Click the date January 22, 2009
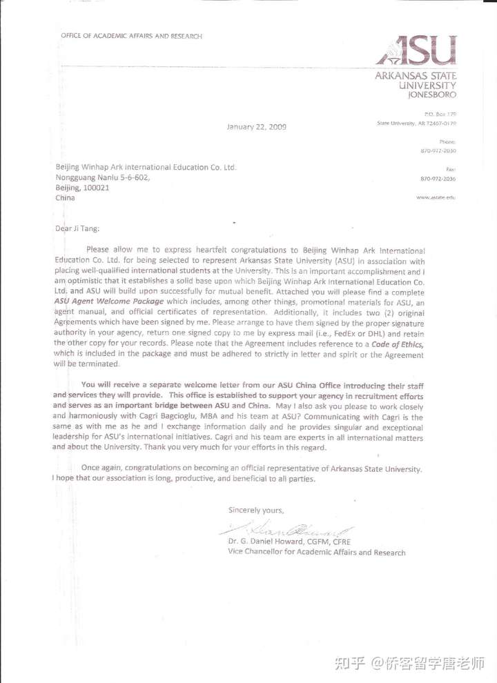coord(257,126)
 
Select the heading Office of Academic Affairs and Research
coord(131,36)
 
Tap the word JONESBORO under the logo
coord(433,95)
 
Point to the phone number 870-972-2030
coord(438,150)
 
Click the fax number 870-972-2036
coord(438,179)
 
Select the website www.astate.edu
coord(436,197)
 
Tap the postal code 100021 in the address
coord(96,187)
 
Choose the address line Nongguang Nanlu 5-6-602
coord(101,177)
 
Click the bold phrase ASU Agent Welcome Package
coord(109,301)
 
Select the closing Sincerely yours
coord(256,510)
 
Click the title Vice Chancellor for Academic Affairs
coord(317,552)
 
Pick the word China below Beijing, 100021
coord(65,197)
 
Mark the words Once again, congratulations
coord(135,469)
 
